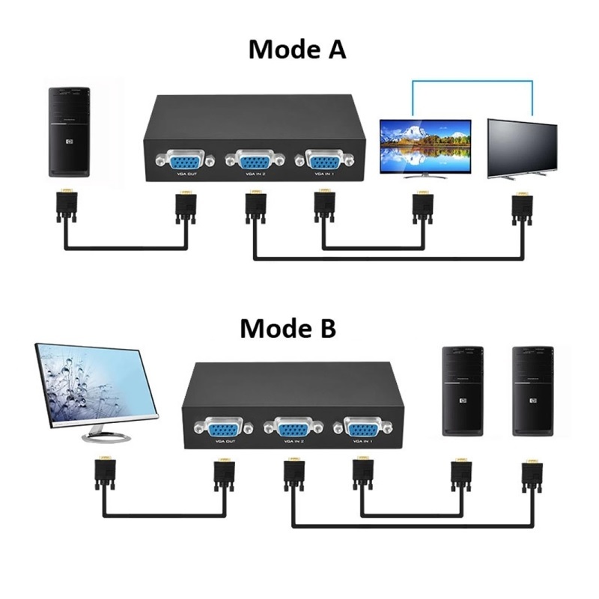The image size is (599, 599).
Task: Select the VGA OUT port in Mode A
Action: [182, 160]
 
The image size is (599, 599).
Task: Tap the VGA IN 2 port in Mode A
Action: [253, 160]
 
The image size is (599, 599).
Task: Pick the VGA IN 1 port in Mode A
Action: [323, 160]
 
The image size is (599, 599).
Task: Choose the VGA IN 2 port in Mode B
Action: [292, 429]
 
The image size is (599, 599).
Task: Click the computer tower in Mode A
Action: [69, 131]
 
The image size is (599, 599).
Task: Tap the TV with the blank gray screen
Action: [522, 148]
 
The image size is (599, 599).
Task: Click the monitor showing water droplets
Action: [97, 389]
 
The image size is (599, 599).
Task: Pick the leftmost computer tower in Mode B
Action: [461, 390]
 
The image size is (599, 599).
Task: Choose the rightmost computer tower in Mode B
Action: [532, 390]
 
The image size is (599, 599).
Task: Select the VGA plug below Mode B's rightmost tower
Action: [532, 477]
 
